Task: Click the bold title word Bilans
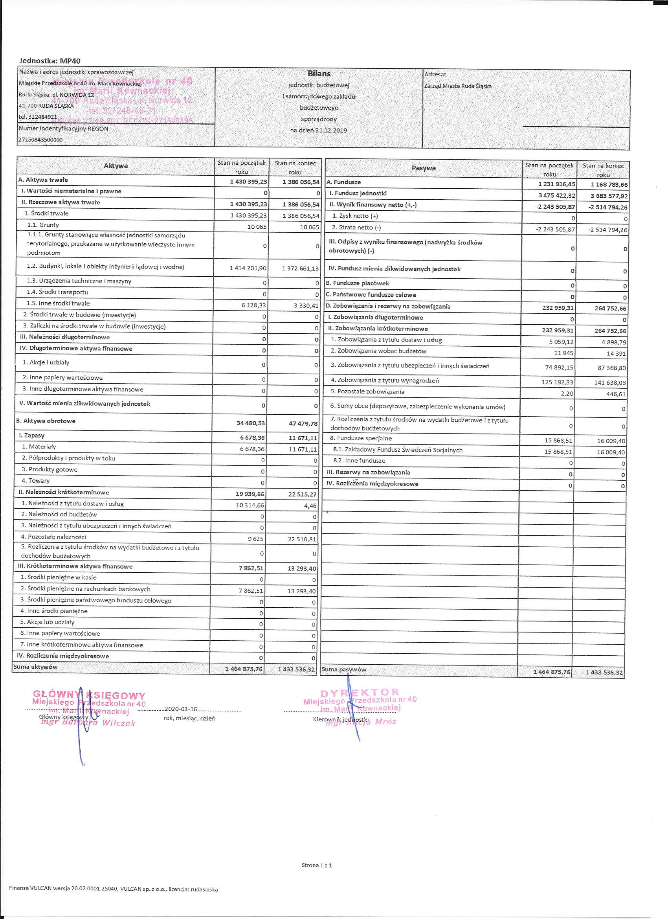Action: [319, 74]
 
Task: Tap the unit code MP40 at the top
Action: [71, 61]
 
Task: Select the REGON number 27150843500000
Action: [40, 140]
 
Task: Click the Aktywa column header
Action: [116, 166]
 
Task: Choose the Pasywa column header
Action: [423, 168]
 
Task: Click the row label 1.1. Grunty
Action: [43, 225]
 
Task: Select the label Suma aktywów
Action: [36, 667]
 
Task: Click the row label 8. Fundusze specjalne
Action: [361, 438]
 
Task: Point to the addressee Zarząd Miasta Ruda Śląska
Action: [458, 86]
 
